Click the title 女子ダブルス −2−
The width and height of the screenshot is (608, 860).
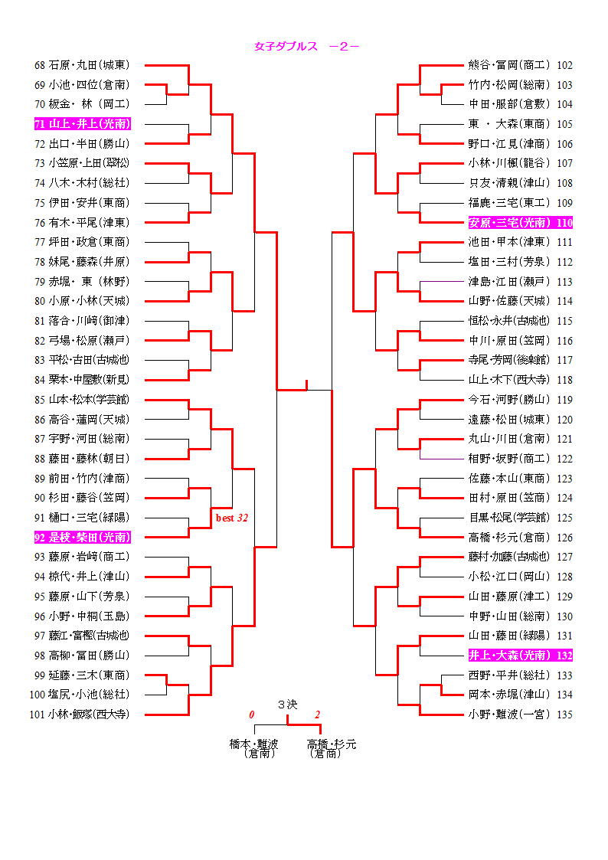pyautogui.click(x=307, y=46)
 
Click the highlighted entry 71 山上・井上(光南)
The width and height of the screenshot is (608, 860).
pyautogui.click(x=83, y=123)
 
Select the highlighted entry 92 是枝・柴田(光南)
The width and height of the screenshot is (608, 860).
pyautogui.click(x=83, y=537)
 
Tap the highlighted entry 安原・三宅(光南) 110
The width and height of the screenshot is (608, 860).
pyautogui.click(x=520, y=223)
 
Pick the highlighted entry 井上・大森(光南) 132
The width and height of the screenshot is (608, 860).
pyautogui.click(x=520, y=656)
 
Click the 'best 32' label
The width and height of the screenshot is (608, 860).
pyautogui.click(x=231, y=518)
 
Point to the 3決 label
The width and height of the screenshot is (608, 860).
pyautogui.click(x=287, y=704)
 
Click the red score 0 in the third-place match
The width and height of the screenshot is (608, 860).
pyautogui.click(x=251, y=714)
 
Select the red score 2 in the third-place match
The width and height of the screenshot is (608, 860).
pyautogui.click(x=317, y=714)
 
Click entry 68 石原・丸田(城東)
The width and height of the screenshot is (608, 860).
pyautogui.click(x=82, y=65)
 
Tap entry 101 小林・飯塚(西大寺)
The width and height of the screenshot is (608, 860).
pyautogui.click(x=80, y=714)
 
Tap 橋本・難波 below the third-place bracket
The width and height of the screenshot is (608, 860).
pyautogui.click(x=255, y=744)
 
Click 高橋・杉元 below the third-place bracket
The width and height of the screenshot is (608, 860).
pyautogui.click(x=331, y=744)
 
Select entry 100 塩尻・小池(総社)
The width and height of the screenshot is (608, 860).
pyautogui.click(x=80, y=695)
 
